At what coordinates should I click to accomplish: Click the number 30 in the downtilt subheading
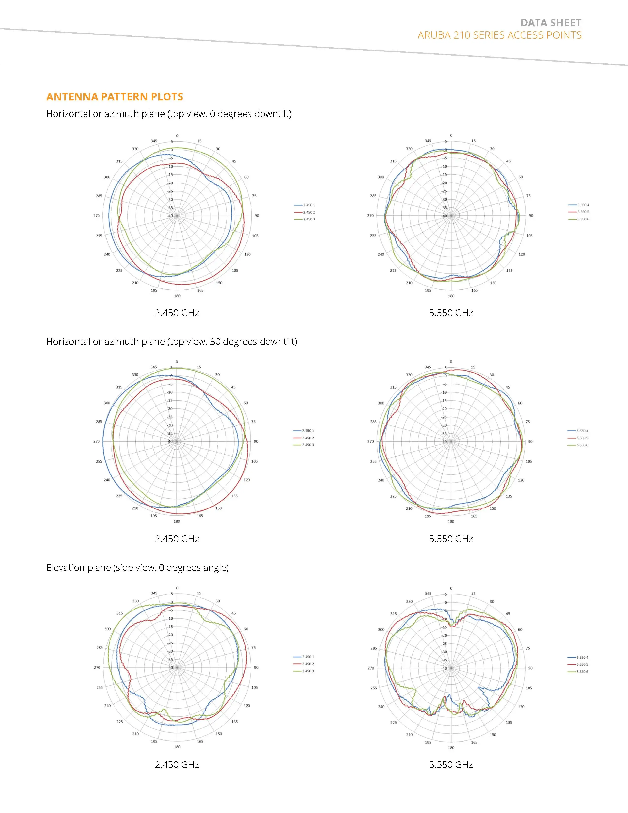(x=215, y=342)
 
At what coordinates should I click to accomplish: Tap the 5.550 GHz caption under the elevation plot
(x=451, y=765)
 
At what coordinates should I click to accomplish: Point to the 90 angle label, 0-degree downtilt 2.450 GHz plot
(x=257, y=216)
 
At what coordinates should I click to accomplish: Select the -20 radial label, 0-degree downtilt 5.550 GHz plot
(x=444, y=183)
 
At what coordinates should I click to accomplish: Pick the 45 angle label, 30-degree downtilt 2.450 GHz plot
(x=233, y=387)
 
